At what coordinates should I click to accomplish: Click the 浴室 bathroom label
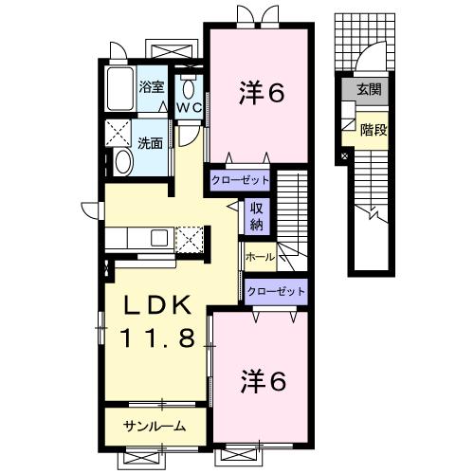[151, 87]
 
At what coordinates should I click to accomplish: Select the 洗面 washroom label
[150, 144]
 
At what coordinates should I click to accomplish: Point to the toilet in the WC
[189, 88]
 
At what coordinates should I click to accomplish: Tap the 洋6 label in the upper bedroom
[259, 92]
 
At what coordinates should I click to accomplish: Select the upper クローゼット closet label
[240, 178]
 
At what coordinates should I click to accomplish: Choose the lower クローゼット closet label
[275, 292]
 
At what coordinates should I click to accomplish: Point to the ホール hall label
[260, 257]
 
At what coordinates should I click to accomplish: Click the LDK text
[160, 305]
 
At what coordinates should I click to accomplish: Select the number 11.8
[160, 337]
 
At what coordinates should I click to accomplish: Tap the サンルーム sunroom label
[153, 426]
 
